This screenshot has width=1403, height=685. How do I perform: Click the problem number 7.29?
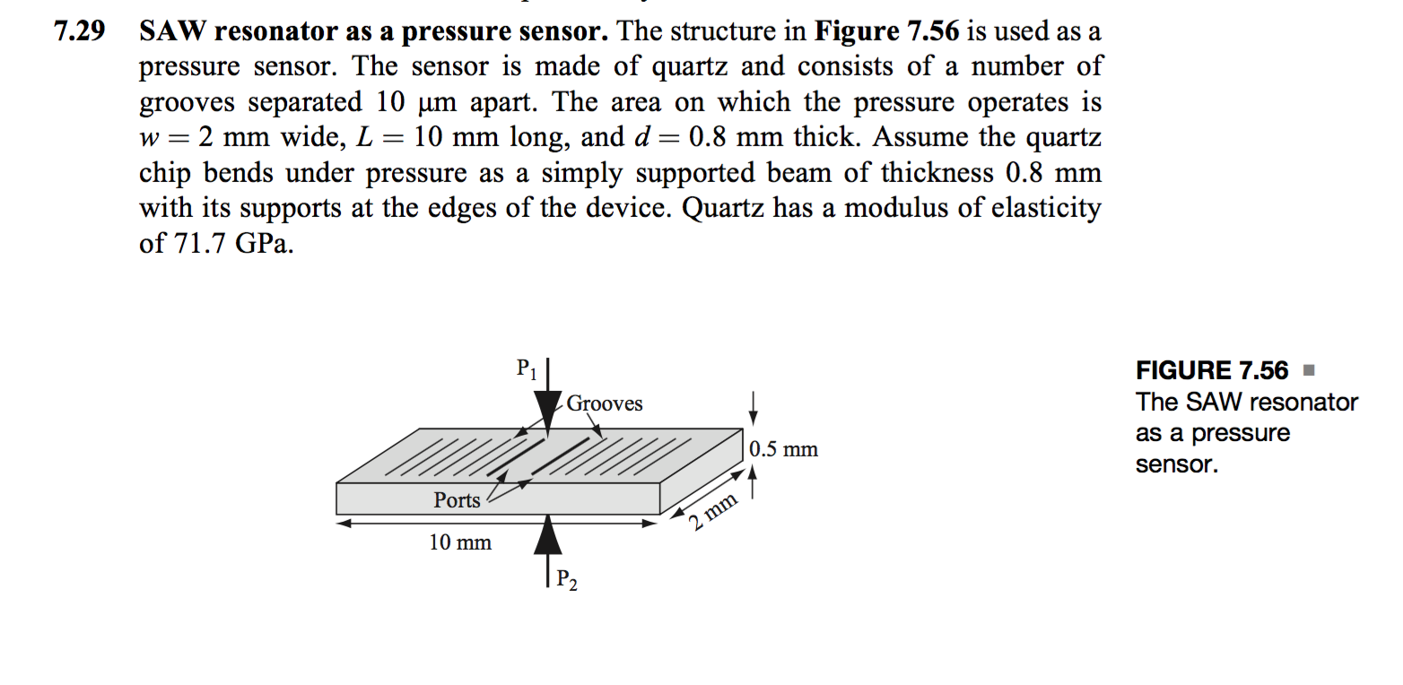(79, 32)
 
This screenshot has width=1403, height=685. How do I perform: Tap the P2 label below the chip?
(567, 580)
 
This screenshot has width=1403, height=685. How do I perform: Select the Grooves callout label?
(605, 403)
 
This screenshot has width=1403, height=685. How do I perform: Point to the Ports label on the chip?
(457, 500)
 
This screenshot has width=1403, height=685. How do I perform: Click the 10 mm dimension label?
(460, 542)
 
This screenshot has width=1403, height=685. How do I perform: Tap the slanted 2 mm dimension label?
(713, 512)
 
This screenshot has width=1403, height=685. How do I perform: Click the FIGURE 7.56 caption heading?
(1211, 370)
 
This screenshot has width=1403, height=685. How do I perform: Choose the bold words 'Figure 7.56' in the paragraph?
(887, 32)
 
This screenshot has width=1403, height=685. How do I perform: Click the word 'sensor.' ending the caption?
(1176, 465)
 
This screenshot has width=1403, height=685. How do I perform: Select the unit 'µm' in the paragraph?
(440, 103)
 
